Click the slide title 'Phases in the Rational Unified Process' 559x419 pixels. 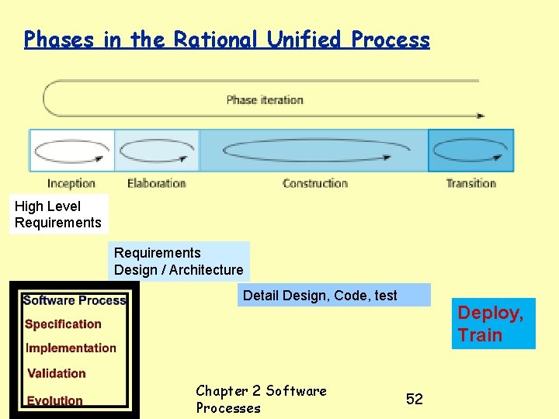coord(227,40)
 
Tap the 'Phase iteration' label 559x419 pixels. coord(264,99)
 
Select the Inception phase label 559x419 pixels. coord(71,184)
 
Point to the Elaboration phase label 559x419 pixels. coord(157,184)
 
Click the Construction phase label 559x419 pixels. coord(315,184)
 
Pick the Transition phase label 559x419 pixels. coord(470,184)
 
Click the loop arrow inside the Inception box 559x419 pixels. coord(71,150)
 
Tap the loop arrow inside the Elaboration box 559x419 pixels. coord(158,150)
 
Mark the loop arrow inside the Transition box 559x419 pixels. coord(470,150)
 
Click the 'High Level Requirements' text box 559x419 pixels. coord(58,214)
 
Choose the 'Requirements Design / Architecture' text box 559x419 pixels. coord(179,261)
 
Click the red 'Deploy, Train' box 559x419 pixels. coord(494,324)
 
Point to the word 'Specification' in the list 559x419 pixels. coord(63,324)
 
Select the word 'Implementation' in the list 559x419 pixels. coord(71,348)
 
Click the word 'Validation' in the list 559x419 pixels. coord(57,373)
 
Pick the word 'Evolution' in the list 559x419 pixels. coord(54,400)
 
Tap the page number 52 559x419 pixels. coord(415,399)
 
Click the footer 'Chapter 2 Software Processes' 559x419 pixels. coord(261,399)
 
